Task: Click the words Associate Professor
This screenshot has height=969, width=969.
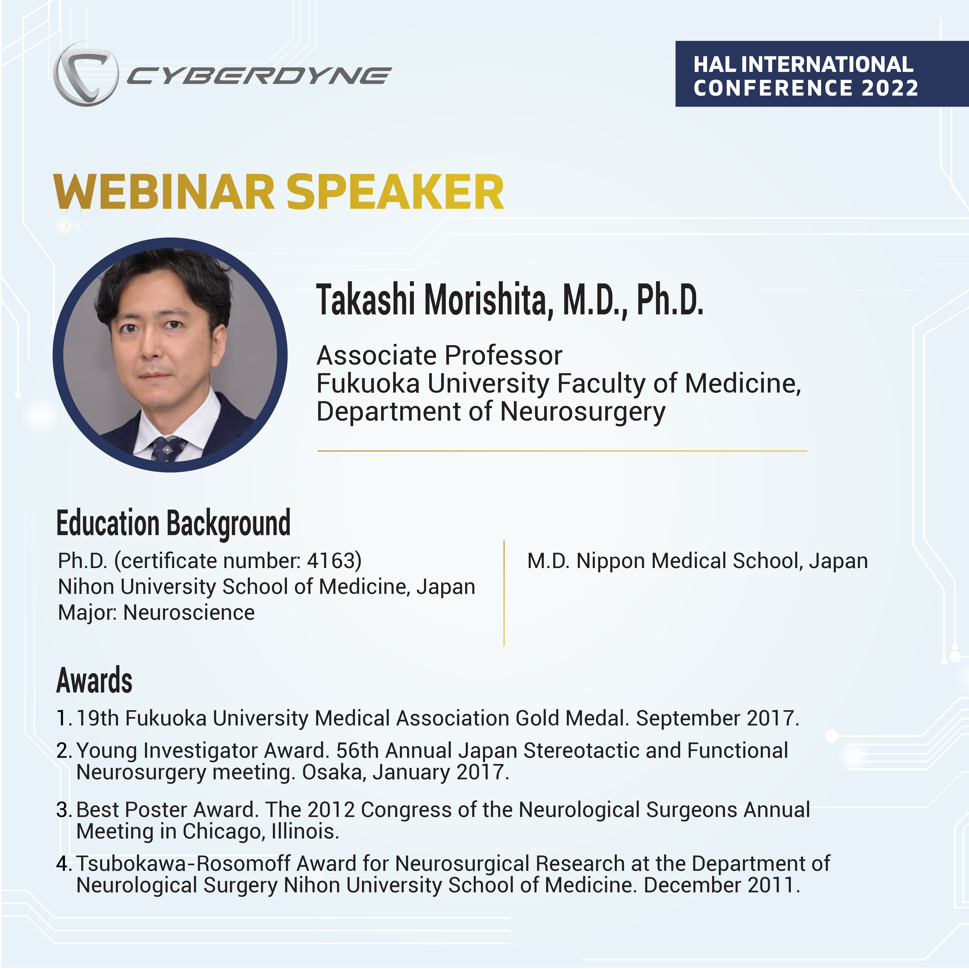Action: coord(439,356)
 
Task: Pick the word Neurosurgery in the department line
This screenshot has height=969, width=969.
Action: coord(583,412)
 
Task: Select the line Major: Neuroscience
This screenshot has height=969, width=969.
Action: coord(157,612)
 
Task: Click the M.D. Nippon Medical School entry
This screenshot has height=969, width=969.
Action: coord(697,561)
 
